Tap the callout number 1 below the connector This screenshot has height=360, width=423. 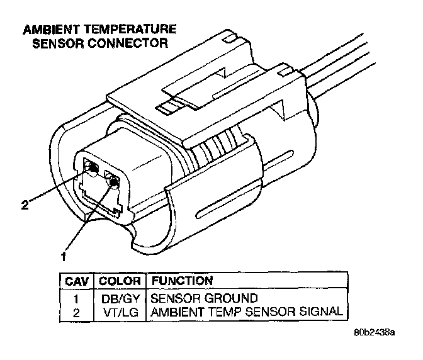pyautogui.click(x=64, y=256)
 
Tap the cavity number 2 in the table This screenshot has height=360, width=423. pyautogui.click(x=76, y=311)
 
